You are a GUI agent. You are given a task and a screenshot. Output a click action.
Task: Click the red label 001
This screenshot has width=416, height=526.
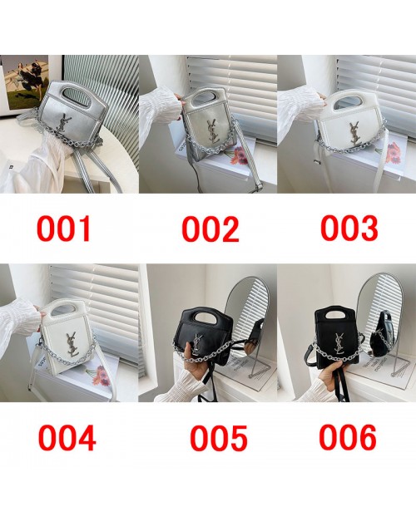[x=64, y=229]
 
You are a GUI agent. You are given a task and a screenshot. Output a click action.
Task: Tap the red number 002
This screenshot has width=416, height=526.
[x=210, y=229]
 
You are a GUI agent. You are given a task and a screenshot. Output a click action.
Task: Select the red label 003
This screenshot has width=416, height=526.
[x=349, y=229]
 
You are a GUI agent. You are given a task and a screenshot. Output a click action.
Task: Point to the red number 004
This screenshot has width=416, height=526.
[x=67, y=438]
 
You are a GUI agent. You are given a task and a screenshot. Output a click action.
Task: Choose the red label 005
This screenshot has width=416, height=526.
[x=219, y=438]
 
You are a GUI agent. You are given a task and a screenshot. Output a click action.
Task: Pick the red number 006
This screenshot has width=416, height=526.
[x=348, y=437]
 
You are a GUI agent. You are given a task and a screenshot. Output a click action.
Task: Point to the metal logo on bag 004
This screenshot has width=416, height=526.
[x=72, y=343]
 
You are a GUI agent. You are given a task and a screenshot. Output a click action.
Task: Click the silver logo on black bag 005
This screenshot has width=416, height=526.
[x=197, y=346]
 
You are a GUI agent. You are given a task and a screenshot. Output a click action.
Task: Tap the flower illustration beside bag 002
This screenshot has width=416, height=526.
[x=236, y=155]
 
